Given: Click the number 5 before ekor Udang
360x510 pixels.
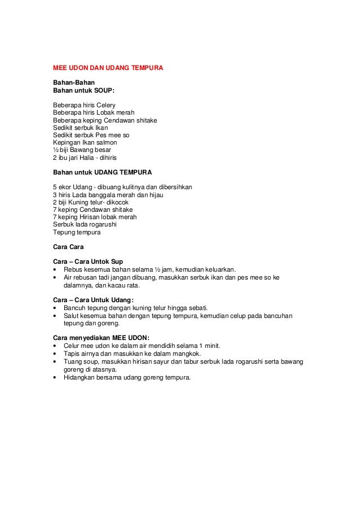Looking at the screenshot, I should [x=55, y=187].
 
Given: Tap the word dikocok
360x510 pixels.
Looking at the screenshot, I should [x=117, y=202].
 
